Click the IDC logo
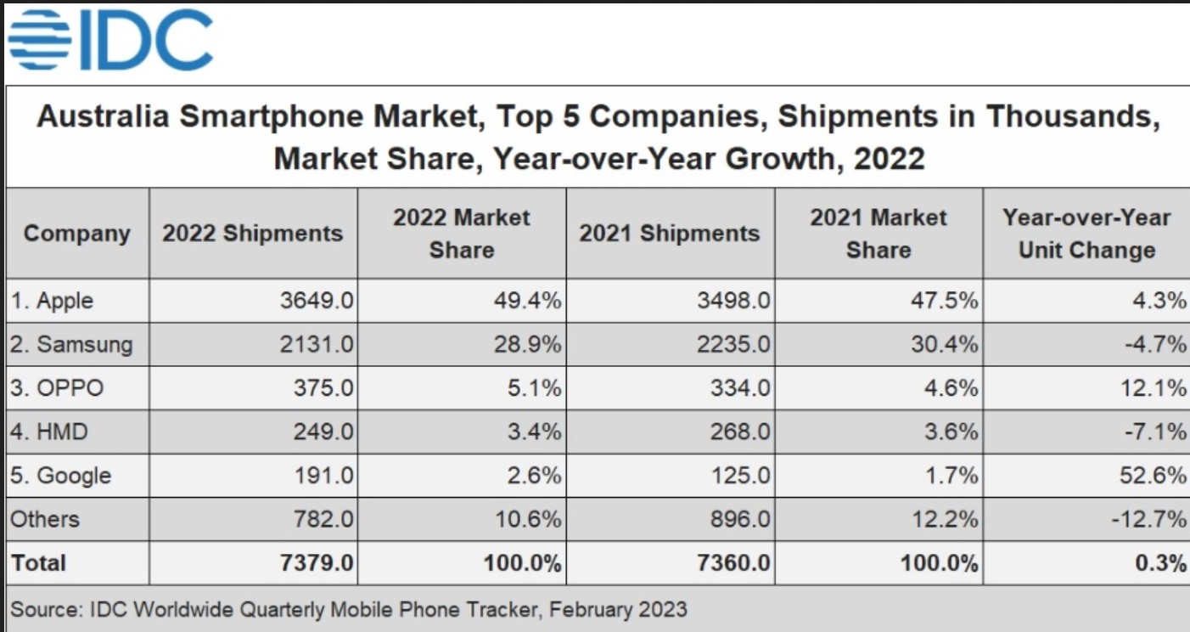(x=110, y=40)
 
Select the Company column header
(x=77, y=234)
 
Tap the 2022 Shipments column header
(x=253, y=234)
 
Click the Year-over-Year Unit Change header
(x=1086, y=234)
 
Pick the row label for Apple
(x=52, y=301)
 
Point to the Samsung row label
(x=71, y=345)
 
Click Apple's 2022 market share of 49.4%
(x=526, y=301)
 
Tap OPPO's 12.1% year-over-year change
(x=1151, y=389)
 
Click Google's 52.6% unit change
(x=1151, y=476)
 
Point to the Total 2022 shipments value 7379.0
(x=316, y=563)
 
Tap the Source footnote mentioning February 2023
(x=348, y=609)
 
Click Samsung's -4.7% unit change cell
(x=1154, y=345)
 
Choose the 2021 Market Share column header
(x=878, y=234)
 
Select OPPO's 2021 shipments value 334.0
(x=740, y=389)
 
